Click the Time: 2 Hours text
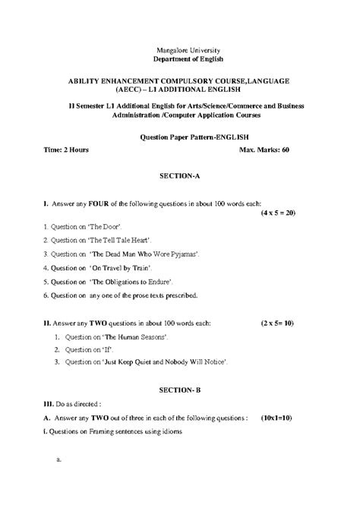66,150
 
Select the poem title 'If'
106,349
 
